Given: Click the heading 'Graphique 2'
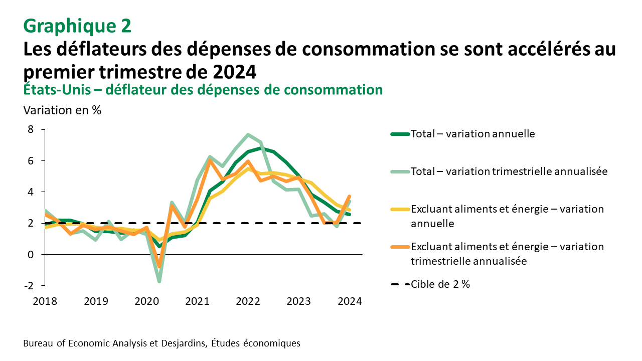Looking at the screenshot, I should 77,26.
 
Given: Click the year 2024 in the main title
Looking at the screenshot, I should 234,72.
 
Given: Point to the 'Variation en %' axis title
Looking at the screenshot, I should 63,110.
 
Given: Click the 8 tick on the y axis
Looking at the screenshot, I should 31,129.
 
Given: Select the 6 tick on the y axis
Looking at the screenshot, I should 31,161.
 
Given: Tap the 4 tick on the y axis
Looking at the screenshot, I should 31,192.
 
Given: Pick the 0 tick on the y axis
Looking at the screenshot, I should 31,255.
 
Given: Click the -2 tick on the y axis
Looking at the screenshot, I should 29,286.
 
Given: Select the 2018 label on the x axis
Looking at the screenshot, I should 46,301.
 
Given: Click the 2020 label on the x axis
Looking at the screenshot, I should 146,301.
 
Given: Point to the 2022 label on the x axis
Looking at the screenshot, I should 248,301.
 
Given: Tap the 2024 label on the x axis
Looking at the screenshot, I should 349,301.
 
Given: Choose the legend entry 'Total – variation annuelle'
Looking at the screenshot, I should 472,134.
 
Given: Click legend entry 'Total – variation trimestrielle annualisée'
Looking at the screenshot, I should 509,171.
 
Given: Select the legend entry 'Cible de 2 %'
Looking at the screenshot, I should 440,284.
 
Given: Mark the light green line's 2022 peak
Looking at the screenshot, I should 248,135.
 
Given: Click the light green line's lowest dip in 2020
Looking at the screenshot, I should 159,281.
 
